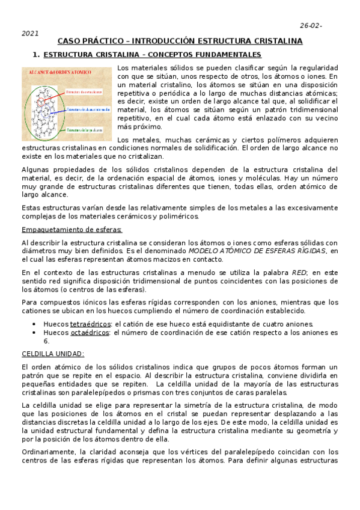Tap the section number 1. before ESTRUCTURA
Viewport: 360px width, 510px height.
tap(36, 55)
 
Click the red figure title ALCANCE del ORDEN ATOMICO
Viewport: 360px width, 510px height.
tap(58, 72)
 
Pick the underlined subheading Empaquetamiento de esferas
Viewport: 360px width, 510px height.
tap(72, 230)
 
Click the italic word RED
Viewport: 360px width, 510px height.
tap(299, 272)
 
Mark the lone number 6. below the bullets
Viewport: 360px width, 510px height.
tap(47, 340)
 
